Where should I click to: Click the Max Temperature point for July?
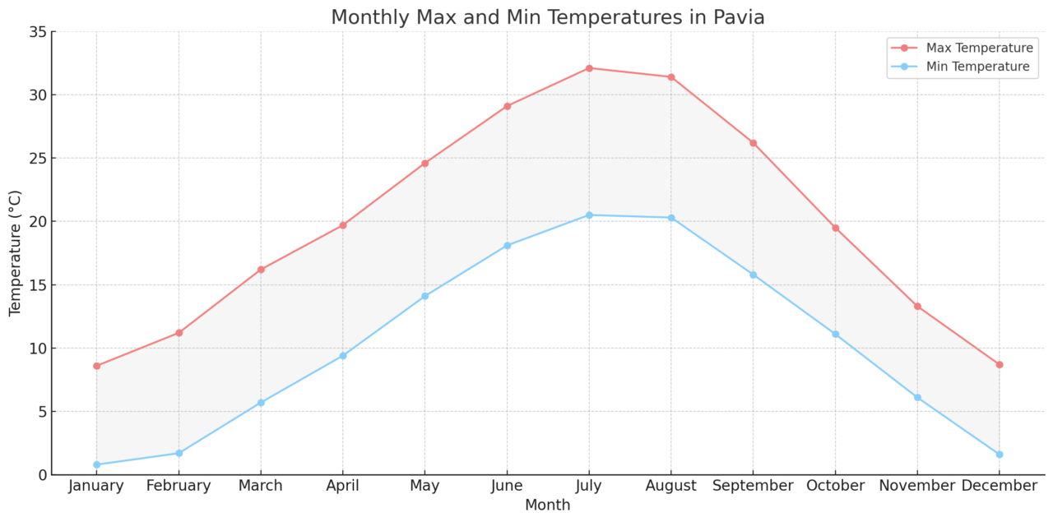pos(589,68)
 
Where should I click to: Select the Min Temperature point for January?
pos(96,464)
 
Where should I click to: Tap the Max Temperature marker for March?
pos(261,270)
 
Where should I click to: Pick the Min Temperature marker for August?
pos(671,218)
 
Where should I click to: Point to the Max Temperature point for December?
pos(1000,364)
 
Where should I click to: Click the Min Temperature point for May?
pos(424,296)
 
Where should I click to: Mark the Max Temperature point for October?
pos(835,228)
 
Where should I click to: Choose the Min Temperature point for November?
pos(917,397)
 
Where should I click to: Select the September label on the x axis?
pos(753,487)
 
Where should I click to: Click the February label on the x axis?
pos(179,487)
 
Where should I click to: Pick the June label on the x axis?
pos(507,487)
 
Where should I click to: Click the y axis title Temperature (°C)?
pos(16,253)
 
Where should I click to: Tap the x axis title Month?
pos(547,506)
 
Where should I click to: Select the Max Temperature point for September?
pos(753,143)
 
